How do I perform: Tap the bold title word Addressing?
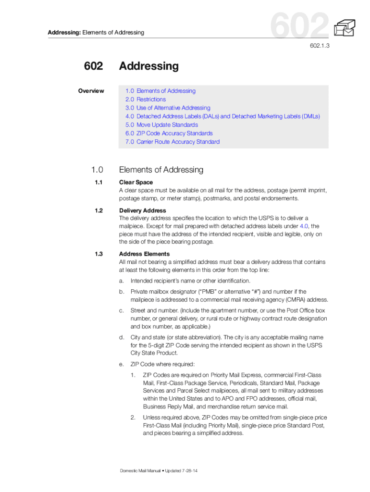point(148,66)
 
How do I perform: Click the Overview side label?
point(91,91)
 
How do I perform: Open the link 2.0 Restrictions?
point(146,99)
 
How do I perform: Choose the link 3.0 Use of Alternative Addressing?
point(168,108)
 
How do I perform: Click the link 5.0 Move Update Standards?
point(161,125)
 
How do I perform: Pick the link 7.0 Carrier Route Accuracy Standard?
point(173,142)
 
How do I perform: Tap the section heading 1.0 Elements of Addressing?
point(161,170)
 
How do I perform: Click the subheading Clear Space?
point(136,182)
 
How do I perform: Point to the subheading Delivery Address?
point(143,210)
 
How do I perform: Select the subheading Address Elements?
point(144,254)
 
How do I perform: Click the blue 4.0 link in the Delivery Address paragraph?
point(304,226)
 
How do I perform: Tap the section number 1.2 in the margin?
point(99,210)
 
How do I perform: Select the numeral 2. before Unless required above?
point(133,418)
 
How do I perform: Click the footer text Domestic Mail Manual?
point(143,470)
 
